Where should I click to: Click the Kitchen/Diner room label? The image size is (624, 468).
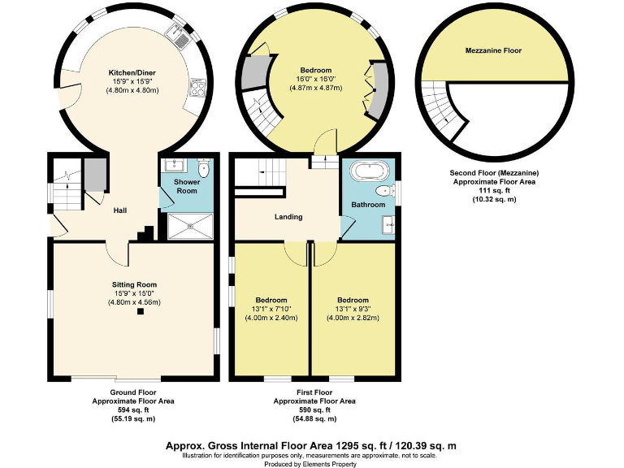tap(132, 73)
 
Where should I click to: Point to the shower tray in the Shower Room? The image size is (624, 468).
tap(190, 227)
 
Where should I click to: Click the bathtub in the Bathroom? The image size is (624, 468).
tap(370, 171)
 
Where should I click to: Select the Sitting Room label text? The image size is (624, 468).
tap(133, 284)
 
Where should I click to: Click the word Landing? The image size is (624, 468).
tap(288, 217)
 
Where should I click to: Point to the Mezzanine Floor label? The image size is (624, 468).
tap(493, 50)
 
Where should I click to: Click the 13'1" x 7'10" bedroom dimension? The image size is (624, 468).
tap(271, 309)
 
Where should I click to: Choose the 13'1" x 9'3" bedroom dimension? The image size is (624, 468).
tap(353, 309)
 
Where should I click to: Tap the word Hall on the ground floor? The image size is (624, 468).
tap(119, 210)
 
